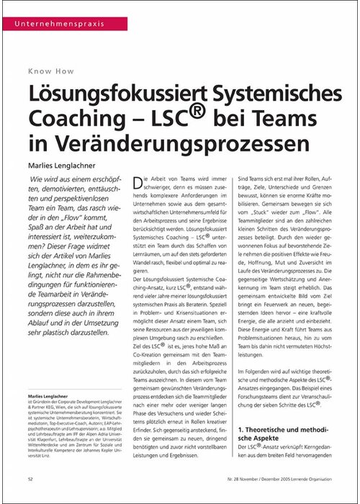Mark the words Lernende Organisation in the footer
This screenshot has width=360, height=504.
pos(314,477)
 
